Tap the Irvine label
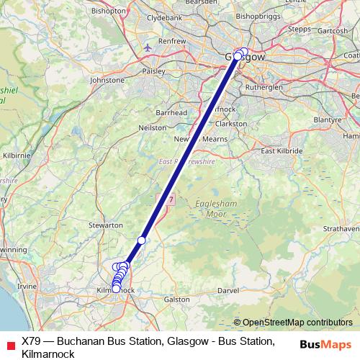[x=27, y=286]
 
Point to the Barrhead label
[x=171, y=113]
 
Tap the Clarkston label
[x=231, y=123]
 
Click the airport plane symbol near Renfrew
[x=149, y=47]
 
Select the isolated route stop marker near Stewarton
[x=142, y=240]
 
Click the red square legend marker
[x=9, y=342]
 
